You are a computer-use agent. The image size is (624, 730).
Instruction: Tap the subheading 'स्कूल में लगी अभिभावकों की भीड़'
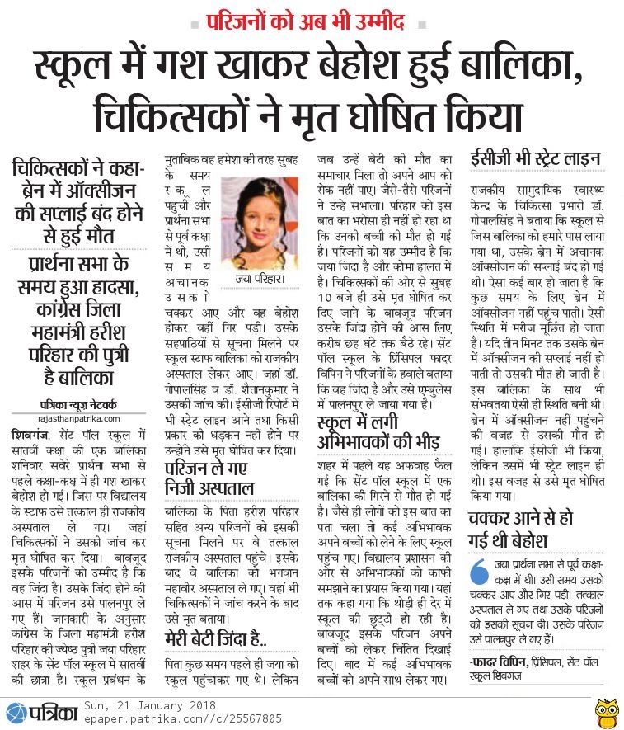tap(379, 432)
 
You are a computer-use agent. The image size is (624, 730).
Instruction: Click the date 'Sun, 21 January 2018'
tap(149, 705)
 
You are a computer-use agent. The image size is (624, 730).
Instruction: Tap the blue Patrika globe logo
tap(16, 712)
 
